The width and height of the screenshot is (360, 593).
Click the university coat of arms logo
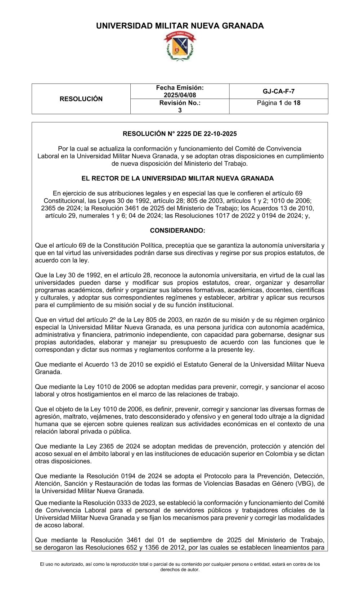[x=180, y=46]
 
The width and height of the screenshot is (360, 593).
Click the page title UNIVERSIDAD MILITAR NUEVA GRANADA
[x=180, y=26]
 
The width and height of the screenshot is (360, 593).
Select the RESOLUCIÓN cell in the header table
[x=81, y=99]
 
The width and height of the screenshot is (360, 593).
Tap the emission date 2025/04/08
[x=180, y=95]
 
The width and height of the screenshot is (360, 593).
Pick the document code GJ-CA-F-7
[x=279, y=91]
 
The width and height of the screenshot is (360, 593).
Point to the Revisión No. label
[x=180, y=103]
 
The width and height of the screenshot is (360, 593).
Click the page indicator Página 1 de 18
[x=279, y=103]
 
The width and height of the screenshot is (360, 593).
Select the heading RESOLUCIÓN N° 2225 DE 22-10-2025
[x=180, y=134]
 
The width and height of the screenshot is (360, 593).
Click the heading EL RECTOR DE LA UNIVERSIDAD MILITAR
[x=177, y=179]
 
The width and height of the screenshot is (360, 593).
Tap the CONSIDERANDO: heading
[x=177, y=230]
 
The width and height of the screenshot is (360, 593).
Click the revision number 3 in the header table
[x=180, y=110]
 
